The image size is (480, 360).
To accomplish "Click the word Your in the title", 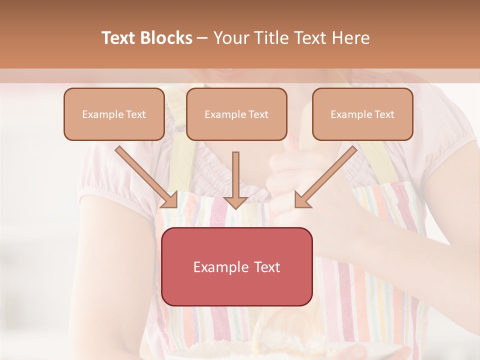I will point(229,38).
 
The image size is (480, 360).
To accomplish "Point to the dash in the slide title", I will point(202,38).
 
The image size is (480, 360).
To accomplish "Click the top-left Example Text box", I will point(114,114).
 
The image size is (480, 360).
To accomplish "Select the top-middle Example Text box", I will point(236,114).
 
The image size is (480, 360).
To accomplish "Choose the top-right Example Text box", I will point(362,114).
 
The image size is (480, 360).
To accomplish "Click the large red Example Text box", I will point(237,266).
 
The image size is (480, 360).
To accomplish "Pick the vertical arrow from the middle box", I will point(235,175).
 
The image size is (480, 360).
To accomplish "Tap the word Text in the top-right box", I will point(384,114).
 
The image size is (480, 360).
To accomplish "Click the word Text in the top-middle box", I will point(258,114).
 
